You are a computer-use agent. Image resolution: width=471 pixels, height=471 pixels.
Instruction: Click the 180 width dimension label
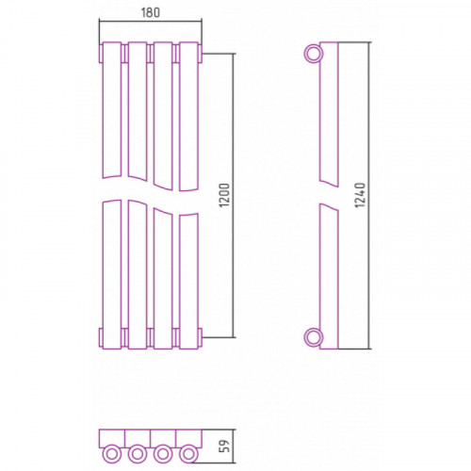coord(151,12)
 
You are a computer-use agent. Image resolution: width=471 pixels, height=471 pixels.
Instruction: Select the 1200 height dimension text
coord(225,195)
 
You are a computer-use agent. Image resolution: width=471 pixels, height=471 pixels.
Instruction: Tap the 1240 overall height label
coord(360,195)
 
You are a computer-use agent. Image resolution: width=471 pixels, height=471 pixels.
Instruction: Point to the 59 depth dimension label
coord(225,446)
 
